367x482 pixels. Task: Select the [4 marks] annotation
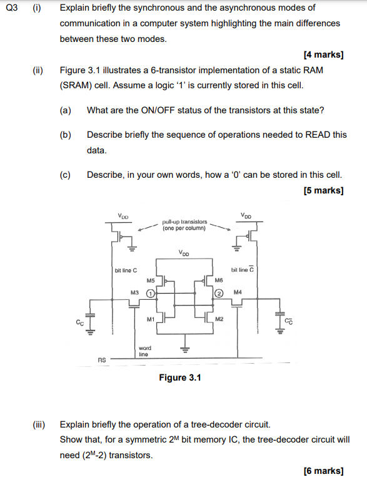coord(323,54)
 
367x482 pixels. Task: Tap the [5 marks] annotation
coord(323,190)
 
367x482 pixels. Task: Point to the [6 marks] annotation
coord(323,470)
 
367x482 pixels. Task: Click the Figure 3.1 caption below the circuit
coord(180,377)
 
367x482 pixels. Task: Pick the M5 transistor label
coord(150,281)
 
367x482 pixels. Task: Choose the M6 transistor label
coord(219,281)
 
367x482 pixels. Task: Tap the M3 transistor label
coord(134,292)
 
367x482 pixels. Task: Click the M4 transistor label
coord(238,292)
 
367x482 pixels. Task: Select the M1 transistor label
coord(150,319)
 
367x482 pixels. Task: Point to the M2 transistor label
coord(219,319)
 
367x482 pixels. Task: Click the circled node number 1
coord(150,292)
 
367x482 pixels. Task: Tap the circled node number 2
coord(219,293)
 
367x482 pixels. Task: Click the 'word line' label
coord(144,351)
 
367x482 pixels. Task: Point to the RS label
coord(102,359)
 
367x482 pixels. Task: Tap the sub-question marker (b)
coord(65,135)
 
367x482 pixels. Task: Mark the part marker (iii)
coord(39,424)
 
